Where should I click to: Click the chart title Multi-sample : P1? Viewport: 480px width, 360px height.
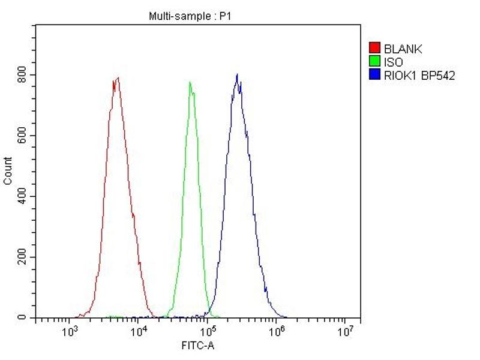[x=190, y=16]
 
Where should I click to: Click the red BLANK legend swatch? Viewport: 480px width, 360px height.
[x=375, y=49]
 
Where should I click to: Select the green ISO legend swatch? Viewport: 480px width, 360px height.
[x=375, y=62]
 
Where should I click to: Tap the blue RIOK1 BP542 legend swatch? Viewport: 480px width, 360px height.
[x=375, y=75]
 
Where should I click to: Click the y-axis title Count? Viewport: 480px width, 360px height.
[x=8, y=170]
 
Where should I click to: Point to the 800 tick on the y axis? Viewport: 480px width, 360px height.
[x=22, y=74]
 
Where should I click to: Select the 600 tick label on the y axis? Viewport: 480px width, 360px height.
[x=22, y=135]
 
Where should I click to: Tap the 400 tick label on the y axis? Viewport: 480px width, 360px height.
[x=22, y=196]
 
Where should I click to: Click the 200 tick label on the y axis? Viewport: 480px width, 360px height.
[x=22, y=257]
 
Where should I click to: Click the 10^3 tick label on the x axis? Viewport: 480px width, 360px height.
[x=70, y=332]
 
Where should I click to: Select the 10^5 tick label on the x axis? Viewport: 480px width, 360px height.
[x=208, y=332]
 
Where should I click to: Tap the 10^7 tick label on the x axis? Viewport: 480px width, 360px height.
[x=345, y=332]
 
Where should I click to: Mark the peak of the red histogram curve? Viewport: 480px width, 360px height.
[x=118, y=77]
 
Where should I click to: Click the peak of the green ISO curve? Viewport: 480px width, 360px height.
[x=190, y=82]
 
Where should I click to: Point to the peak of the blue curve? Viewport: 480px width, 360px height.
[x=238, y=74]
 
